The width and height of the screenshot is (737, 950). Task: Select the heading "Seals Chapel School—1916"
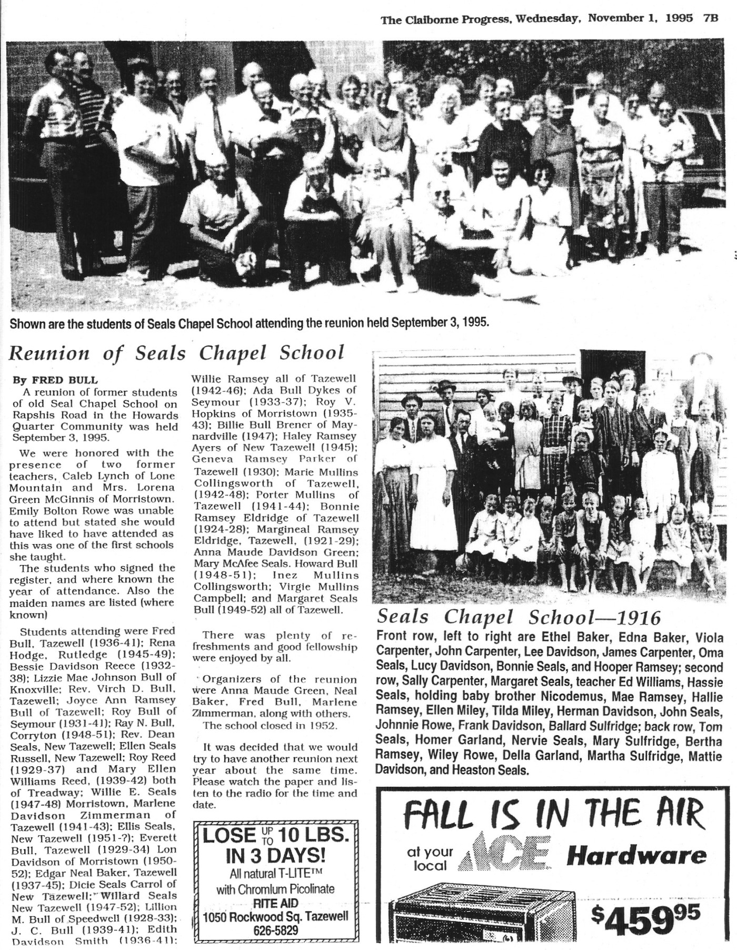click(x=519, y=617)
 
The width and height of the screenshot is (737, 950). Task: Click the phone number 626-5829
click(x=276, y=930)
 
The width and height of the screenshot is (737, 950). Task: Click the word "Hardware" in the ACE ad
click(x=636, y=855)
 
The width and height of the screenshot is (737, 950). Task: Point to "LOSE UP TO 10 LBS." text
click(x=275, y=835)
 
